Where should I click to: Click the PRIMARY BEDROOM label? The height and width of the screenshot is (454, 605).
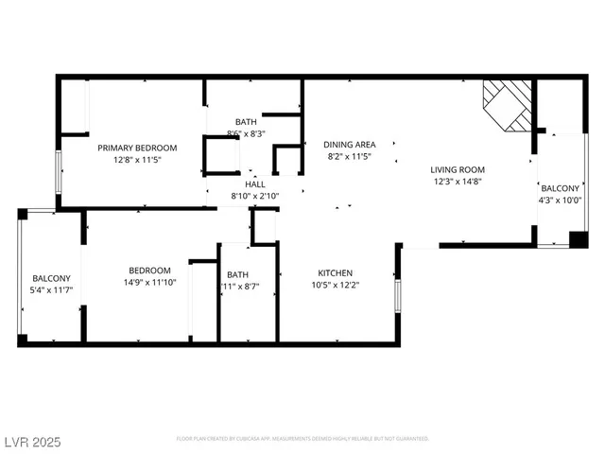pyautogui.click(x=137, y=148)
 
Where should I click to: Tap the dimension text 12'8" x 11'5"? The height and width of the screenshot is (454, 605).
pyautogui.click(x=137, y=161)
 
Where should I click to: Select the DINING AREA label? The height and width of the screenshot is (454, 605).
pyautogui.click(x=349, y=144)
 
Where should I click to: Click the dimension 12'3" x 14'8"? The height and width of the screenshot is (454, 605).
pyautogui.click(x=458, y=182)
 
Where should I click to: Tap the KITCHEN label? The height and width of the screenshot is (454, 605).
pyautogui.click(x=336, y=271)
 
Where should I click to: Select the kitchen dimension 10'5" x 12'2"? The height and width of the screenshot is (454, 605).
pyautogui.click(x=336, y=285)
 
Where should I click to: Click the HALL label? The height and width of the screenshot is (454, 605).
pyautogui.click(x=255, y=183)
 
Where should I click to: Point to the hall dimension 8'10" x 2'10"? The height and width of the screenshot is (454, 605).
pyautogui.click(x=255, y=197)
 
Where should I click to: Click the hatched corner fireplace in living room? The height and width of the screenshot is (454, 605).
pyautogui.click(x=509, y=104)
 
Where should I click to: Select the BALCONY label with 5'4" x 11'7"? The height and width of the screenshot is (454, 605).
pyautogui.click(x=51, y=278)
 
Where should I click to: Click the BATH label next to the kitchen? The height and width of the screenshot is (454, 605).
pyautogui.click(x=237, y=274)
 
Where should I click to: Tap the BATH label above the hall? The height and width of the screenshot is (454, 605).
pyautogui.click(x=246, y=121)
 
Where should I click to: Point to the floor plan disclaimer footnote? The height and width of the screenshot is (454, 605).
pyautogui.click(x=302, y=439)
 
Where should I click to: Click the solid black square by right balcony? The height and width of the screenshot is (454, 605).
pyautogui.click(x=578, y=238)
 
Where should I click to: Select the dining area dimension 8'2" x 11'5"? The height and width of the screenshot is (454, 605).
pyautogui.click(x=349, y=157)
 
